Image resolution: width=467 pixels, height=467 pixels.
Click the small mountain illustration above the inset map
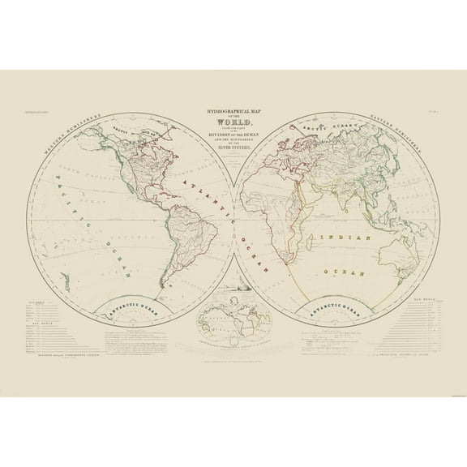(x=233, y=289)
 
